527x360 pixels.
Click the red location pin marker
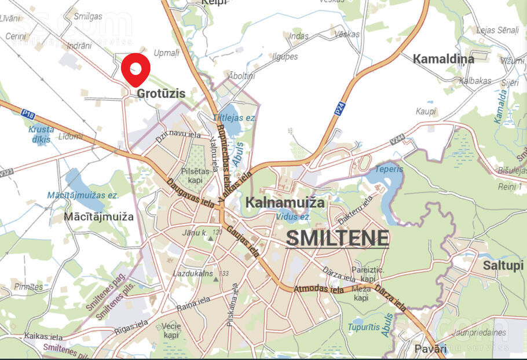(x=136, y=68)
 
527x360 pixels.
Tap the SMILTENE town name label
(x=337, y=238)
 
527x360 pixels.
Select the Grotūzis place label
(x=161, y=93)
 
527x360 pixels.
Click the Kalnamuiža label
(x=285, y=203)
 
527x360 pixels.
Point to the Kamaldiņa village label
(x=443, y=58)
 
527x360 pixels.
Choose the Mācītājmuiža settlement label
(x=100, y=217)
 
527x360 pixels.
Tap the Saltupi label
(x=503, y=265)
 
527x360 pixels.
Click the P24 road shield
(x=339, y=108)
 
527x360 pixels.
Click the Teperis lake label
(x=389, y=169)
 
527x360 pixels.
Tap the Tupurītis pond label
(x=364, y=327)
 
